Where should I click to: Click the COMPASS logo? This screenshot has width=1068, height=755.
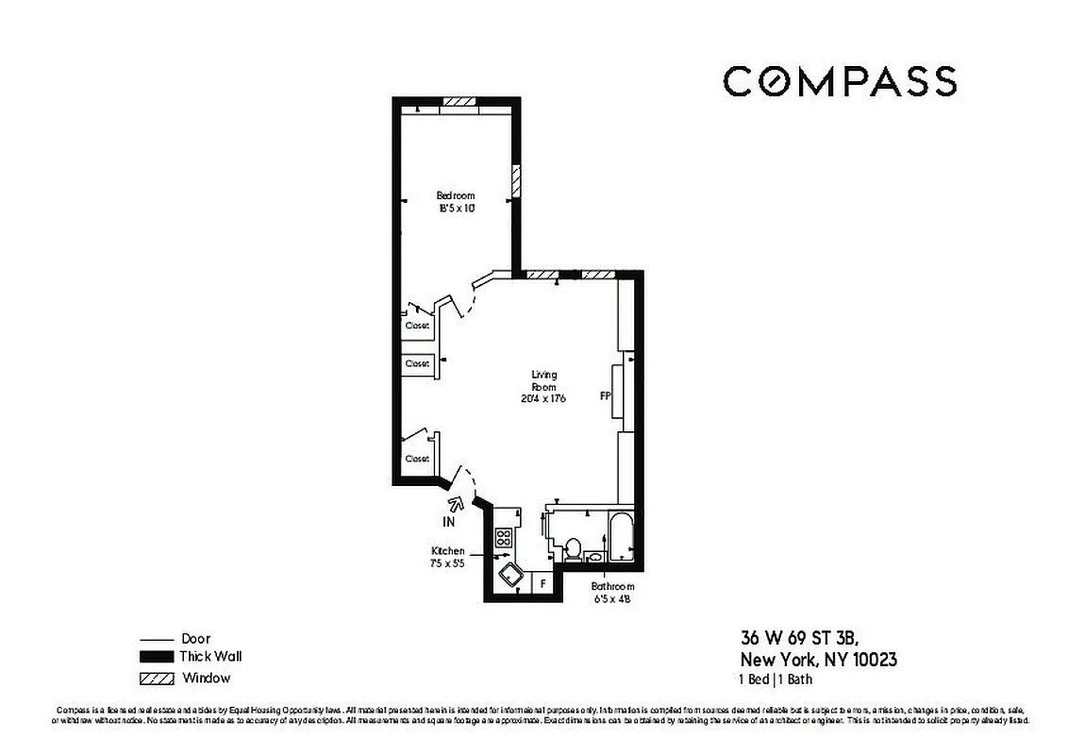tap(840, 81)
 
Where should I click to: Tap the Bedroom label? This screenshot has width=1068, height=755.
tap(456, 201)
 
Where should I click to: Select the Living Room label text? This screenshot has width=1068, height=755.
tap(543, 386)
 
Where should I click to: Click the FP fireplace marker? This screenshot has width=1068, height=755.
tap(606, 396)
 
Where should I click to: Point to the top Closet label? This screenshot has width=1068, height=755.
tap(417, 326)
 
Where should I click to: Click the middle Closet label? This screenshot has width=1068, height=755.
tap(417, 363)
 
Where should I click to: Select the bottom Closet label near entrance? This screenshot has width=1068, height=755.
tap(417, 459)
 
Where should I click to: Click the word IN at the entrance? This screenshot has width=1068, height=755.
tap(449, 521)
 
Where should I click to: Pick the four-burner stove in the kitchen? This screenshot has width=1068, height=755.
tap(504, 539)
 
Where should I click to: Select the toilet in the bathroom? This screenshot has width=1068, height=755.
tap(573, 550)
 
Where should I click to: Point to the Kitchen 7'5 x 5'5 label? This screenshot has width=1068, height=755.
tap(448, 556)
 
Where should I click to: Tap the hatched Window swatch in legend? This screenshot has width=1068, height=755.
tap(157, 678)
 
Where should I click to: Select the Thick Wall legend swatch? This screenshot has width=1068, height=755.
tap(157, 657)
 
